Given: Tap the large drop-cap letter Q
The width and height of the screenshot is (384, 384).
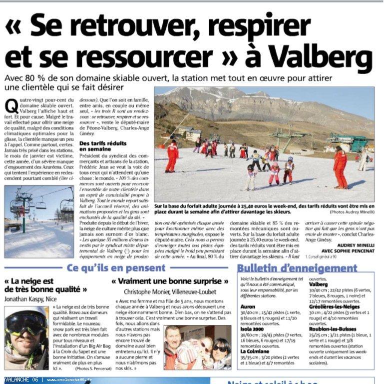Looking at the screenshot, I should [x=11, y=106].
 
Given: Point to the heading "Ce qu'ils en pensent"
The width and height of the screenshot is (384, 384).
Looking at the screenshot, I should [x=116, y=268].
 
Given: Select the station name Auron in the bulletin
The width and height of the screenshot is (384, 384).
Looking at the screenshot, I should [x=248, y=306].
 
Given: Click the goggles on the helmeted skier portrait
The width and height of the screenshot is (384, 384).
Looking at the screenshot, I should [x=25, y=322].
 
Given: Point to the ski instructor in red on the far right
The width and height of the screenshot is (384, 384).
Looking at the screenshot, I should [x=341, y=167].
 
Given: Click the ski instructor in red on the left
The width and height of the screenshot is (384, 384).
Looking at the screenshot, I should [x=172, y=156].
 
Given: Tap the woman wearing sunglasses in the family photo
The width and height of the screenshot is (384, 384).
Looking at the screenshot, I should [x=219, y=350].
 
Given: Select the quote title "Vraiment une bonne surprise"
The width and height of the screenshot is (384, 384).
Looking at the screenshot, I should [x=170, y=281].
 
